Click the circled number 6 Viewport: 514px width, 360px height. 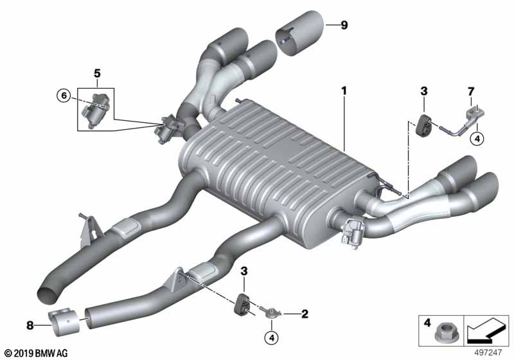63,96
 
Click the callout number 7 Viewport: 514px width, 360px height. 470,93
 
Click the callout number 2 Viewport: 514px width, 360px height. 305,314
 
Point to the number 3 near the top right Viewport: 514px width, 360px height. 423,93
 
